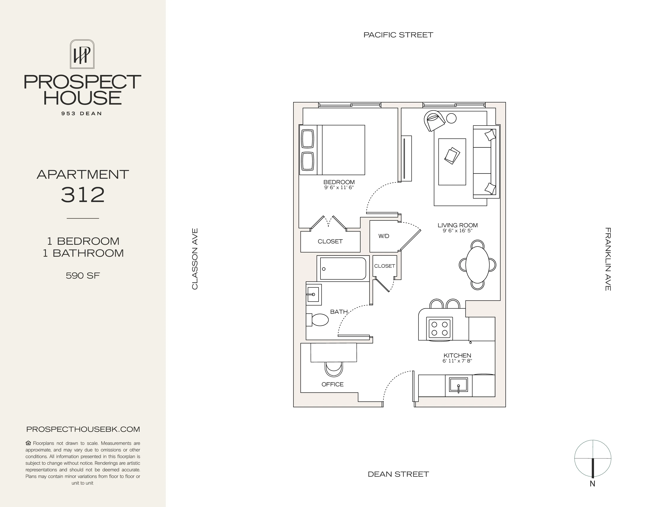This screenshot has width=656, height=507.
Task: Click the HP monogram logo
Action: click(82, 54)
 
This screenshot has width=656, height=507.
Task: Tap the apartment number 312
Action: click(83, 195)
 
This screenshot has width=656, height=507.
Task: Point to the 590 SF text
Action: click(83, 275)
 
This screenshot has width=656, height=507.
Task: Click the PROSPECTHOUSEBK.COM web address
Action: click(83, 429)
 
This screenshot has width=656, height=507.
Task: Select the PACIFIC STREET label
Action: click(398, 35)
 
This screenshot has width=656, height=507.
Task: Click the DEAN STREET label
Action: click(398, 474)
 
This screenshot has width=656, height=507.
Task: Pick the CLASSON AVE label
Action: click(195, 259)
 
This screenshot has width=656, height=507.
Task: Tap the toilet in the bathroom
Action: click(319, 320)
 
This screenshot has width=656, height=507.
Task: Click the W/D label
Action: click(384, 236)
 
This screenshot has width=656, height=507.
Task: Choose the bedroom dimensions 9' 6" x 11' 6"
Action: click(339, 188)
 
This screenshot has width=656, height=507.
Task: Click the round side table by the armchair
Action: click(451, 118)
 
